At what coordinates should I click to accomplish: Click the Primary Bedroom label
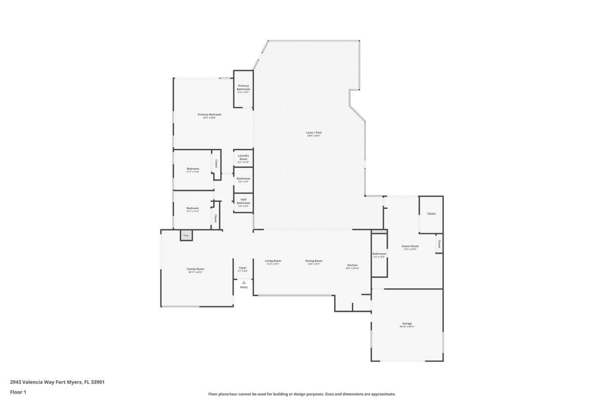pyautogui.click(x=209, y=115)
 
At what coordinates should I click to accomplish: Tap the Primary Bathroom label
pyautogui.click(x=243, y=88)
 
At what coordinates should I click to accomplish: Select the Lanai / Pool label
pyautogui.click(x=314, y=133)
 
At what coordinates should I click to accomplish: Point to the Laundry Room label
pyautogui.click(x=243, y=157)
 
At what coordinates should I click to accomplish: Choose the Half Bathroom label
pyautogui.click(x=243, y=201)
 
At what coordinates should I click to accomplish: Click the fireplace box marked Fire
pyautogui.click(x=186, y=235)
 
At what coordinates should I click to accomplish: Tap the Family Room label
pyautogui.click(x=195, y=269)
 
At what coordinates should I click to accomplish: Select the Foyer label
pyautogui.click(x=243, y=268)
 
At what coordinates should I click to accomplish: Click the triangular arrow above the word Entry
pyautogui.click(x=243, y=282)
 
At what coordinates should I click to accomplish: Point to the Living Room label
pyautogui.click(x=273, y=261)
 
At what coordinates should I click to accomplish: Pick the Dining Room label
pyautogui.click(x=314, y=261)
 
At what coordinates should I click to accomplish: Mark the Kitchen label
pyautogui.click(x=352, y=265)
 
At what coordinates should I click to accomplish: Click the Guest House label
pyautogui.click(x=410, y=246)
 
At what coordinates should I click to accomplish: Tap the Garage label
pyautogui.click(x=407, y=323)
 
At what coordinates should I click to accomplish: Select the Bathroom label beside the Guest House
pyautogui.click(x=379, y=254)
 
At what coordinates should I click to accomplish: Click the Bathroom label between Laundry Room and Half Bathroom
pyautogui.click(x=243, y=179)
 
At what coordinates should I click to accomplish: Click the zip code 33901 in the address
pyautogui.click(x=98, y=382)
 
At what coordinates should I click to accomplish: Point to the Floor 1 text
pyautogui.click(x=18, y=392)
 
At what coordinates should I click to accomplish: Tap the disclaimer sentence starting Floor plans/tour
pyautogui.click(x=302, y=394)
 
